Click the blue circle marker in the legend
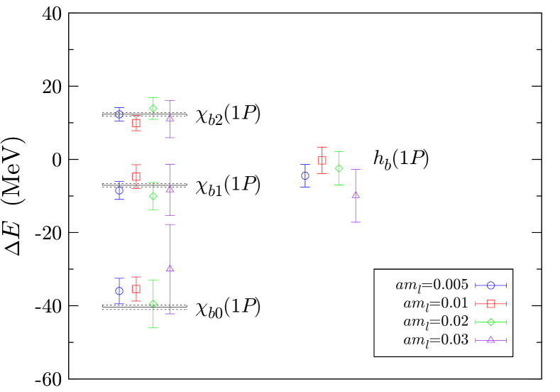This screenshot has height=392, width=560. (490, 285)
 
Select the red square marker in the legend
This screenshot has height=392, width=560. (490, 304)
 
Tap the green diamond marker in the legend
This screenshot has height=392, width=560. (490, 322)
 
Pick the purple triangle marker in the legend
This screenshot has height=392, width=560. (490, 340)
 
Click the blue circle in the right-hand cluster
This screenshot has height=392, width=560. (304, 175)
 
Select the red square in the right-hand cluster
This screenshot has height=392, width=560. (322, 160)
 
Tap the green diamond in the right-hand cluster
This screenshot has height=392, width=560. (339, 168)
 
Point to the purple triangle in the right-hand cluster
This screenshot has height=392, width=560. (356, 195)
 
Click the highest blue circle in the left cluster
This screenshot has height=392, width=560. (119, 114)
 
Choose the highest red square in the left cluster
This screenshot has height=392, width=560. (136, 123)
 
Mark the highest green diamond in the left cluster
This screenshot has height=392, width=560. (153, 109)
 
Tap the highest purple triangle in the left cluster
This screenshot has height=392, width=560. (170, 118)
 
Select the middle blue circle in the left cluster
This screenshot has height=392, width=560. (119, 190)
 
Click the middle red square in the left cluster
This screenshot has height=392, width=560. (136, 177)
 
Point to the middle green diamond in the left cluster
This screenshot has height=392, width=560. (153, 196)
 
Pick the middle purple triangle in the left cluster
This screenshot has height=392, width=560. (170, 190)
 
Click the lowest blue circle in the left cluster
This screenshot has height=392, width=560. (119, 291)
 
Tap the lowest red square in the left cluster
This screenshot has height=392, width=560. (136, 289)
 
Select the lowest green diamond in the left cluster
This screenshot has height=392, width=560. (153, 304)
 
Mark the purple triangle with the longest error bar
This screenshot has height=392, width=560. (170, 268)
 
